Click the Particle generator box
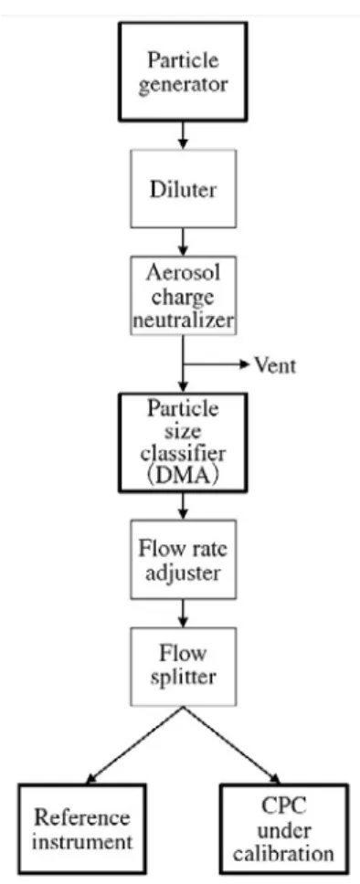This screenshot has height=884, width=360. (x=183, y=71)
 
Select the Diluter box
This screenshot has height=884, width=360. (x=183, y=189)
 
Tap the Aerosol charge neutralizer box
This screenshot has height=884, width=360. (x=183, y=295)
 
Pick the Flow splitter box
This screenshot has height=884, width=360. (x=183, y=667)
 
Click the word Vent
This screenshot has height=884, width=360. (x=275, y=365)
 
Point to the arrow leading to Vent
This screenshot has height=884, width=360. (x=217, y=364)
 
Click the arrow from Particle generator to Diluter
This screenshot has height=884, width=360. (x=183, y=135)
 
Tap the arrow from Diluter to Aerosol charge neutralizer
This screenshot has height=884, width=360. (x=183, y=242)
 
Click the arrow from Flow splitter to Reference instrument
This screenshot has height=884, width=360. (x=133, y=745)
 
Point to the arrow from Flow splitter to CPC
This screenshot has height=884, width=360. (x=232, y=745)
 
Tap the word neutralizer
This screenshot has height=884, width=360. (x=183, y=321)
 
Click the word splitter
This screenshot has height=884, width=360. (x=183, y=677)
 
